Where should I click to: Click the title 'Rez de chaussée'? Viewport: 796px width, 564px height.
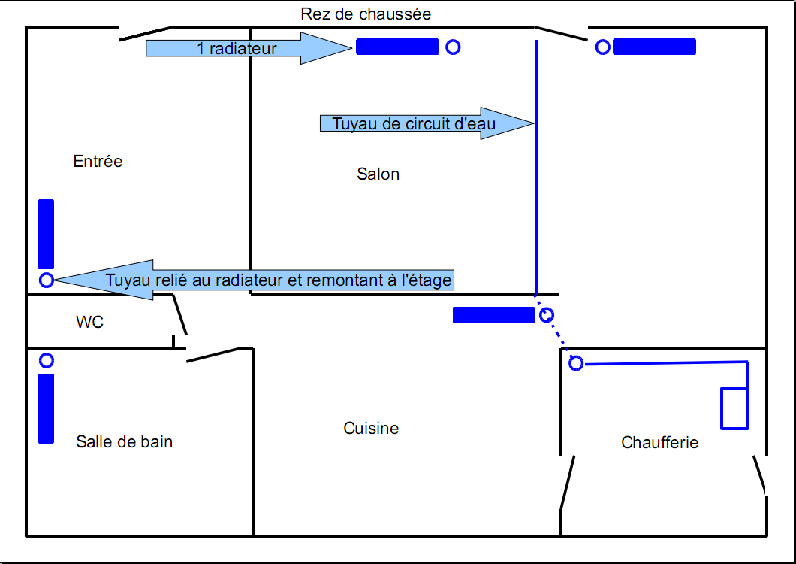tap(366, 14)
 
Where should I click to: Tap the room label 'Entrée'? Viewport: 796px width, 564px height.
tap(98, 161)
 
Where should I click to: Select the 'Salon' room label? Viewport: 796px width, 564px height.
tap(378, 174)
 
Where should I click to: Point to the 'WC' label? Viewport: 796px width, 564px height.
tap(89, 323)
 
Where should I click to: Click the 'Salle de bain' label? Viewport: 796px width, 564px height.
tap(124, 441)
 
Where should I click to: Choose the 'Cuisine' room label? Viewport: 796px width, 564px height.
tap(371, 429)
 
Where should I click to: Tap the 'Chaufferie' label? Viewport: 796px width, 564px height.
tap(659, 443)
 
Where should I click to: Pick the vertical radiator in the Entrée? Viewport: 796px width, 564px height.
tap(46, 234)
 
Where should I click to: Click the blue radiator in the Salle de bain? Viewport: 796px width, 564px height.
tap(46, 408)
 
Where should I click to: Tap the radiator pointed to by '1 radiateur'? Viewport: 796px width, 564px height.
tap(397, 47)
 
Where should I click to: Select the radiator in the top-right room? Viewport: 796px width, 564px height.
tap(654, 47)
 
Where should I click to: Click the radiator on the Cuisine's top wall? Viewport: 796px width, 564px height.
tap(493, 315)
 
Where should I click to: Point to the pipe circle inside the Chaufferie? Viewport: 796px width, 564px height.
tap(576, 364)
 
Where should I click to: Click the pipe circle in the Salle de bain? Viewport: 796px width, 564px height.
tap(47, 361)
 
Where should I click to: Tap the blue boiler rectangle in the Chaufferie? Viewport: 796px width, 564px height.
tap(734, 408)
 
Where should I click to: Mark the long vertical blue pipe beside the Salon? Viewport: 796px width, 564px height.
tap(536, 165)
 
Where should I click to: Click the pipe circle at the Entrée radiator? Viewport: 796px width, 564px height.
tap(47, 280)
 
